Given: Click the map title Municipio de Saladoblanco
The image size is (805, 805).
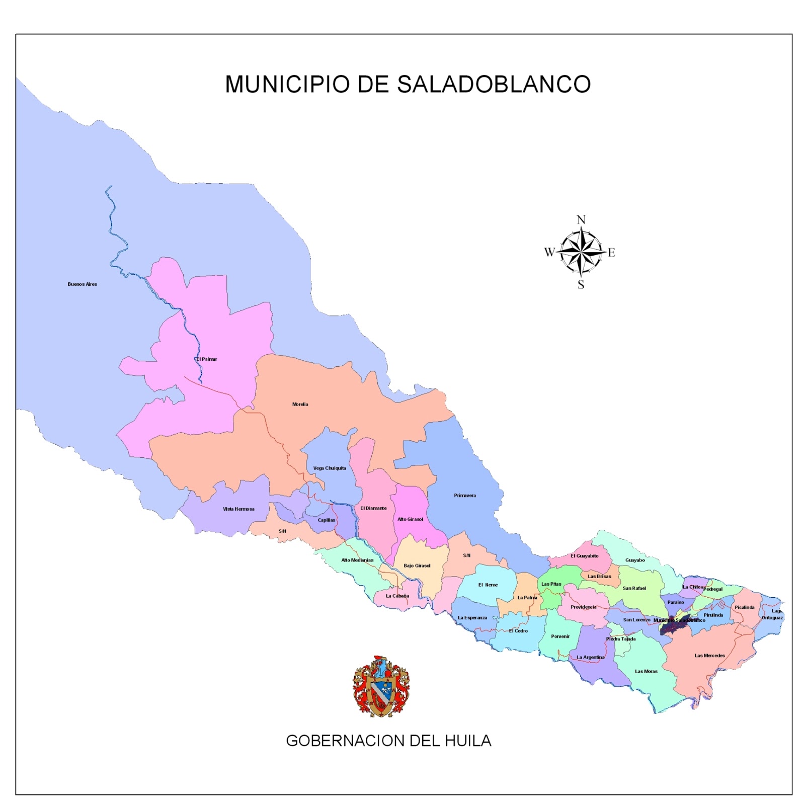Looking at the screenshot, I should [x=408, y=84].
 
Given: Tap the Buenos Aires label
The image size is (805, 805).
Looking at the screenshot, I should [x=83, y=284].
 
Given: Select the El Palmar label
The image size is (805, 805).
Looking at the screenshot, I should [x=207, y=359].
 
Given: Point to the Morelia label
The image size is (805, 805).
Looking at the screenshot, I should [x=300, y=405].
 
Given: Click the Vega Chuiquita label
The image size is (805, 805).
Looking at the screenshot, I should [x=330, y=468].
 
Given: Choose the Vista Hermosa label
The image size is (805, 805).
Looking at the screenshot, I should [x=238, y=509].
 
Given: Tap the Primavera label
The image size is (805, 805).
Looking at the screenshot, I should [x=464, y=496].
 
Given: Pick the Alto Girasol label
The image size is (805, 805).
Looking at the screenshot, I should [x=410, y=519].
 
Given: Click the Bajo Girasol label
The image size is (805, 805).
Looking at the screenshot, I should [x=417, y=566].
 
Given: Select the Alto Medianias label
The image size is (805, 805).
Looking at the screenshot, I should [x=357, y=560].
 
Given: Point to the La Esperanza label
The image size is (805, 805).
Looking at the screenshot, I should [x=472, y=618].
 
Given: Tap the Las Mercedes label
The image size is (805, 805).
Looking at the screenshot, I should [x=709, y=656].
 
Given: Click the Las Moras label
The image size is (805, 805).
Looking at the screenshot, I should [x=646, y=672].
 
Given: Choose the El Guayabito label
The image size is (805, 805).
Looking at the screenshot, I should [x=584, y=556].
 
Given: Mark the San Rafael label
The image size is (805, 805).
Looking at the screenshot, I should [x=634, y=589].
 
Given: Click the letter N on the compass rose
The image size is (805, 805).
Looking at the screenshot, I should [x=581, y=220].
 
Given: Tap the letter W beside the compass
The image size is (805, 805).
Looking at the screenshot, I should [x=549, y=252].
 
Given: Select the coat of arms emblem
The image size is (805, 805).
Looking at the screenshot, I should [x=381, y=686].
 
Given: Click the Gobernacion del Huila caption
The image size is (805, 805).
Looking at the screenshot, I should [x=388, y=741].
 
